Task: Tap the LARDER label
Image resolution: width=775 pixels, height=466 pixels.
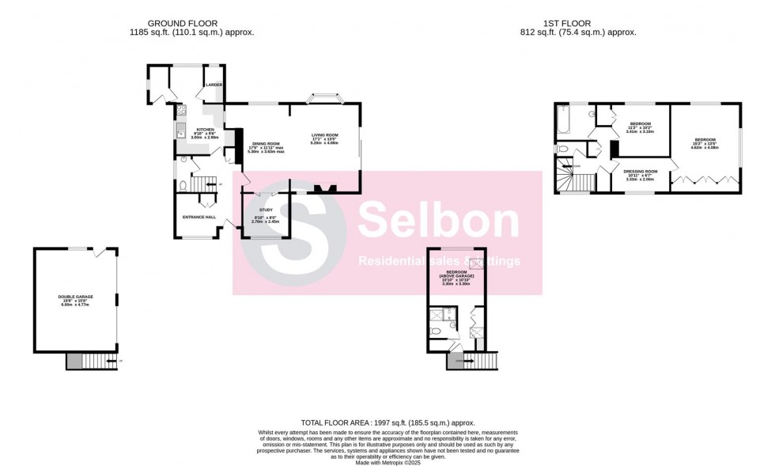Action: pos(214,84)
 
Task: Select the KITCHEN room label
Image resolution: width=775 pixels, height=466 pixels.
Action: pos(206,130)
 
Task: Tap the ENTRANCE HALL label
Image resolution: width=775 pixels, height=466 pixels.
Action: pos(200,217)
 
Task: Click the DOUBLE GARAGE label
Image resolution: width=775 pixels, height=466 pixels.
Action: pos(76,297)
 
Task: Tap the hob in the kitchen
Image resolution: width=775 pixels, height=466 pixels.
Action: pos(181,112)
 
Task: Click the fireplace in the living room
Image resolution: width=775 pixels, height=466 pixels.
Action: pos(324,189)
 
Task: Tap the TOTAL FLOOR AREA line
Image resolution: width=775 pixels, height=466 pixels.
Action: pos(387,423)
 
